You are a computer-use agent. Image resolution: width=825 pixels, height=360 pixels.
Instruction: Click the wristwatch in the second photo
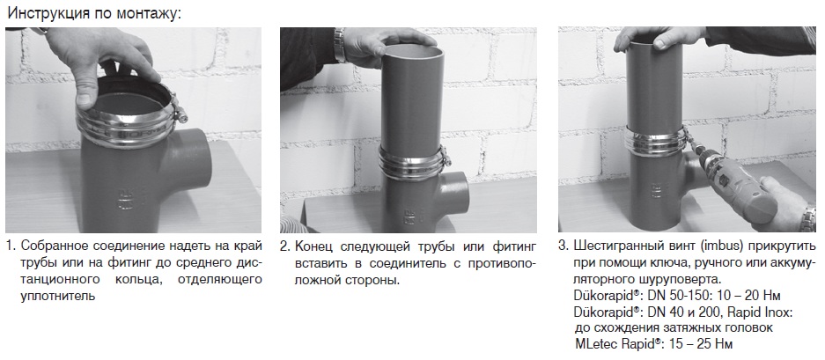339,45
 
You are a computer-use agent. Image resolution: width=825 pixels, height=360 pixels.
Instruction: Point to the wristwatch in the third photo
807,219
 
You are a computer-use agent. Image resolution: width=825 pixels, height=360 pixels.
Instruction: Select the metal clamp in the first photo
126,122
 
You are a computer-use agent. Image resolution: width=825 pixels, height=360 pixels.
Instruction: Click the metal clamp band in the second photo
414,163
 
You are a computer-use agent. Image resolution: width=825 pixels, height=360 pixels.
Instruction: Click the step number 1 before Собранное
11,246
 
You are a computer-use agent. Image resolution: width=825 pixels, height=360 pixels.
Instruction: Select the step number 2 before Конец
285,246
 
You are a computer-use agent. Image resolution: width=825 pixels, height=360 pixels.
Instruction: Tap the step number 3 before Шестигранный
564,246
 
